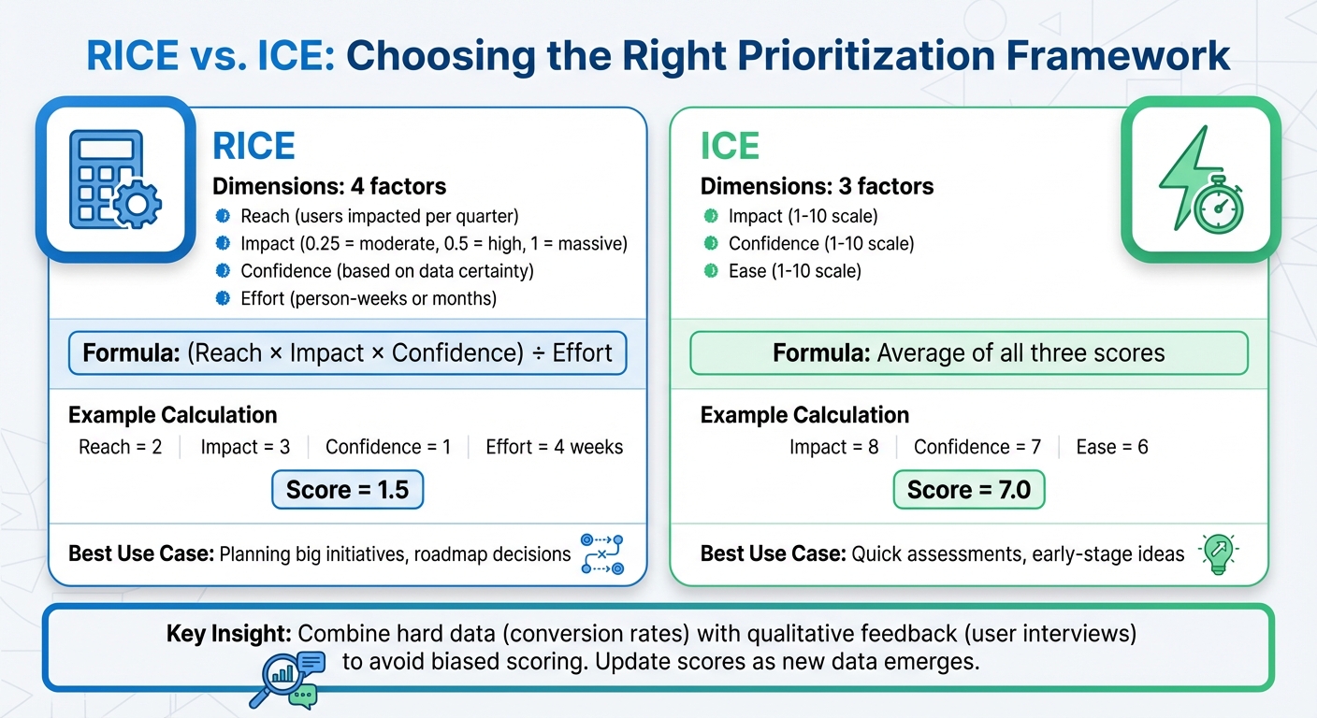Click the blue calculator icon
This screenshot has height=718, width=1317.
point(115,179)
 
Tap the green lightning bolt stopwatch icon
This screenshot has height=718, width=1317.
point(1200,179)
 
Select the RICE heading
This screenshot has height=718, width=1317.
point(253,147)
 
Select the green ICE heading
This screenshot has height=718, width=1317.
point(730,147)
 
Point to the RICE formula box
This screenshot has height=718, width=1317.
point(347,353)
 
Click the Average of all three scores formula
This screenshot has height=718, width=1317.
point(968,353)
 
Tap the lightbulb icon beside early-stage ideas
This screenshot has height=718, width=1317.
point(1218,553)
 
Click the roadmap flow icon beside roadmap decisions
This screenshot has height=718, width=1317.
point(601,553)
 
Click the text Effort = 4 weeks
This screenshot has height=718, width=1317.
point(554,447)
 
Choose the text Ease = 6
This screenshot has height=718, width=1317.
point(1111,447)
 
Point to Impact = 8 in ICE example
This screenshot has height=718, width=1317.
point(833,447)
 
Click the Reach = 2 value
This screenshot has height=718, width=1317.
point(120,447)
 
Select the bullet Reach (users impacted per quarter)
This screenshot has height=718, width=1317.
point(223,216)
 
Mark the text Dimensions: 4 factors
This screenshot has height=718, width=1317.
point(329,186)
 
